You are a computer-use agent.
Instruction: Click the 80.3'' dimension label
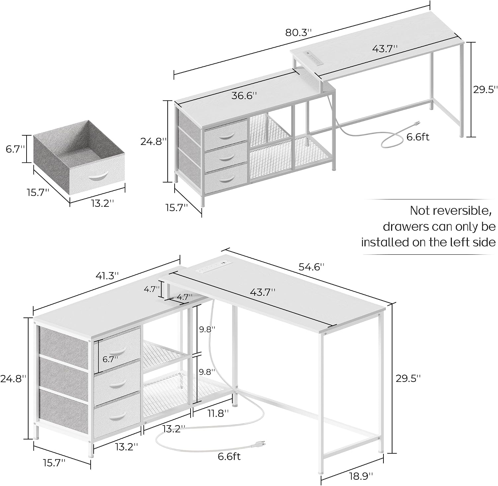coord(299,33)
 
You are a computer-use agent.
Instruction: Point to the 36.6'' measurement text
coord(244,96)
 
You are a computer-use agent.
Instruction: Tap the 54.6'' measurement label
coord(311,267)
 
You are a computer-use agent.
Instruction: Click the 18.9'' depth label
coord(360,476)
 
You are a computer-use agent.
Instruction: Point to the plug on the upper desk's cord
coord(416,123)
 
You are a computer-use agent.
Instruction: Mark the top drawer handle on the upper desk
coord(226,136)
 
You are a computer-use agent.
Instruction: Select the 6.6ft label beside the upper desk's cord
coord(418,137)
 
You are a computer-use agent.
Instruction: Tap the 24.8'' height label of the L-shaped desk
coord(13,379)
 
